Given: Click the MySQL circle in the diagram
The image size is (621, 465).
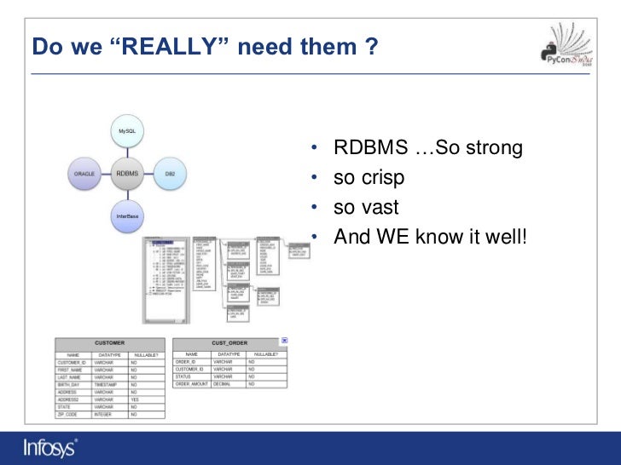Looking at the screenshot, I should pyautogui.click(x=126, y=132).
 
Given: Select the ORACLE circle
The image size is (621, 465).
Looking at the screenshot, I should pyautogui.click(x=84, y=174).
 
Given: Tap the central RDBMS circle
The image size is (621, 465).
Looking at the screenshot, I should pyautogui.click(x=126, y=174).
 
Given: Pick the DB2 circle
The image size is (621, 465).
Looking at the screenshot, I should pyautogui.click(x=170, y=174).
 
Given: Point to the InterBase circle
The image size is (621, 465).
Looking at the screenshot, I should pyautogui.click(x=126, y=215).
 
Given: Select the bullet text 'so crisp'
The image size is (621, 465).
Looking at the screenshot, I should pyautogui.click(x=369, y=178).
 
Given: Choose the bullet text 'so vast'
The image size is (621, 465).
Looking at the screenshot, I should pyautogui.click(x=367, y=207).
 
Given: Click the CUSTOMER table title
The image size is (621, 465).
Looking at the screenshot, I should pyautogui.click(x=109, y=342).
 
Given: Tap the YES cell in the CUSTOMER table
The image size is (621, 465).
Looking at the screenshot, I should pyautogui.click(x=135, y=399).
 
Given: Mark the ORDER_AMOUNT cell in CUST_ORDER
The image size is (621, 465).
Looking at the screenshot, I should pyautogui.click(x=192, y=384).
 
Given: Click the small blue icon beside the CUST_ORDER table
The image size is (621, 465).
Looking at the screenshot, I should pyautogui.click(x=285, y=341).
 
